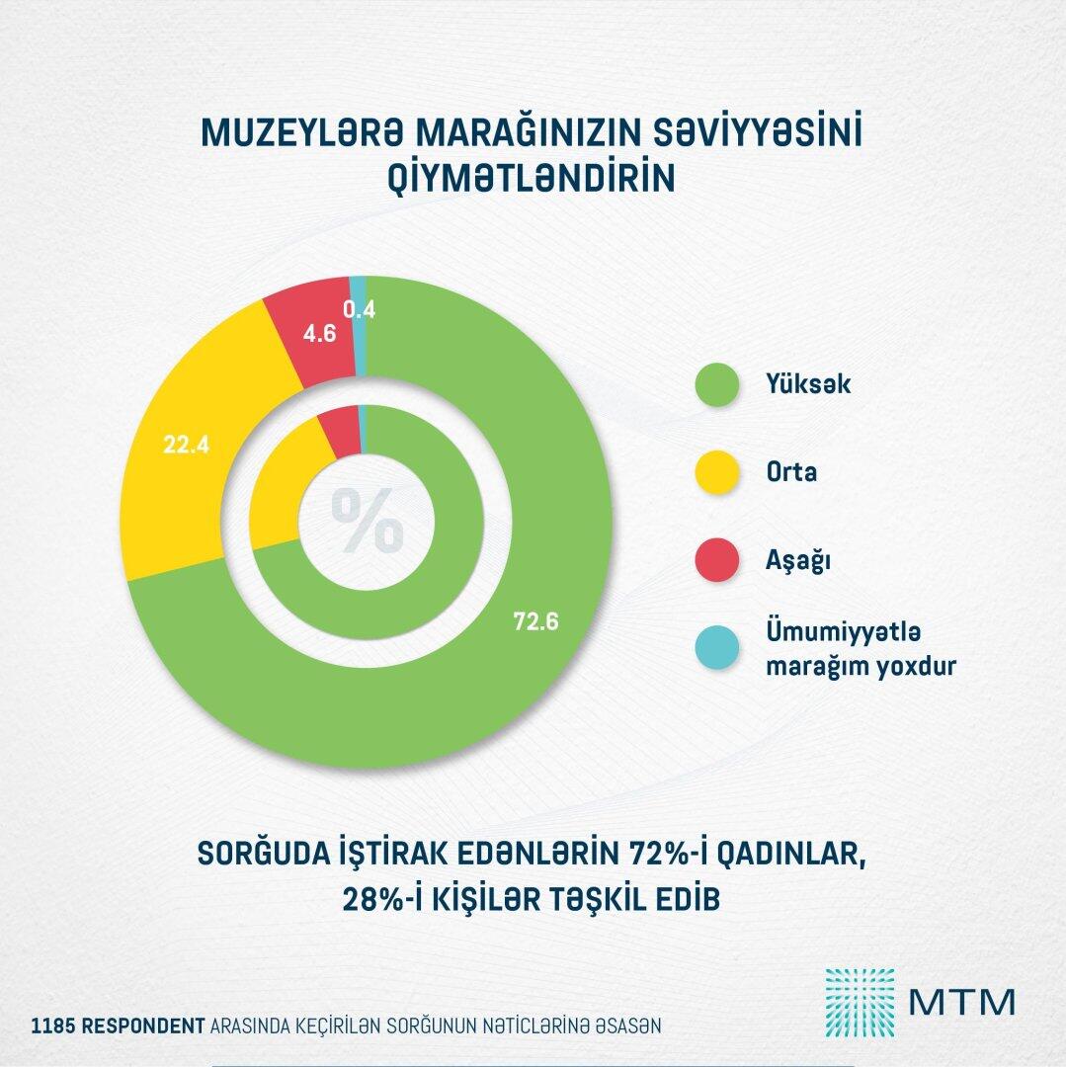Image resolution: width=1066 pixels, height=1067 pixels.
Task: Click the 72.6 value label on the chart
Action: [x=536, y=622]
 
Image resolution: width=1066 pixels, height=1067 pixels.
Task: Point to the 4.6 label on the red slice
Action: [x=319, y=333]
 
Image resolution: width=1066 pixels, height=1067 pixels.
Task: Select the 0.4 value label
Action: [x=359, y=309]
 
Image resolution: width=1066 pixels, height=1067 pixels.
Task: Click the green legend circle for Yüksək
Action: [x=718, y=384]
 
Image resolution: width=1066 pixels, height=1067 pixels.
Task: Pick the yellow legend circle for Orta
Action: [x=718, y=472]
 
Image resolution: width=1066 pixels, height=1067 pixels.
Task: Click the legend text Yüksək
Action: [x=809, y=384]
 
